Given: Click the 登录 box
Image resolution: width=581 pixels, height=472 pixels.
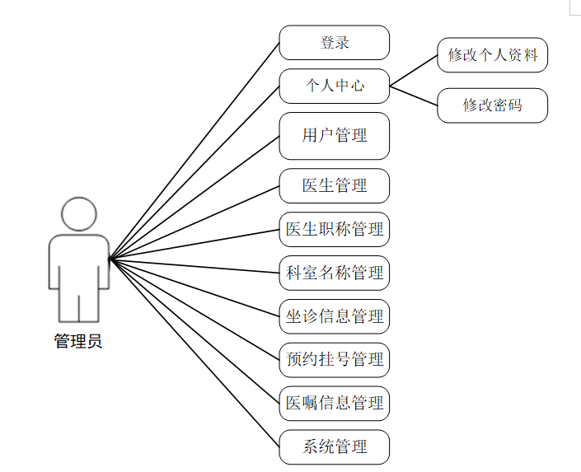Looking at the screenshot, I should pos(334,43).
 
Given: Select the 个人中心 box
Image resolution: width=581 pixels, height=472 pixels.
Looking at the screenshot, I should pos(334,85).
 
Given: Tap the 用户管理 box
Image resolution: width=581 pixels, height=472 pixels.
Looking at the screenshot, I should pos(334,136).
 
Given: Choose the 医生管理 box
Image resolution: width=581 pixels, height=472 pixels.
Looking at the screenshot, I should pos(334,185).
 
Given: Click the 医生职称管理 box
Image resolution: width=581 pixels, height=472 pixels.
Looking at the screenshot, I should pos(334,229).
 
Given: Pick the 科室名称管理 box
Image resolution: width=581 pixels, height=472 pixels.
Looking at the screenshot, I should pos(334,273).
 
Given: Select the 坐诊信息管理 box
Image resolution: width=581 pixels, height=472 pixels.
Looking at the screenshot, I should pos(334,316).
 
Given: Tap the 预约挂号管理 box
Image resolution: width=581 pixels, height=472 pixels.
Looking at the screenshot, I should pos(334,360).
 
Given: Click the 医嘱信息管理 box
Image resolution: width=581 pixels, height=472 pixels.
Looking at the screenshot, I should pos(334,404).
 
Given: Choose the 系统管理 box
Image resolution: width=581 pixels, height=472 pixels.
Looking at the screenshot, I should pos(334,447).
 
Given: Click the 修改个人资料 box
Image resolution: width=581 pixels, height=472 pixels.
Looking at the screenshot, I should pos(492,55).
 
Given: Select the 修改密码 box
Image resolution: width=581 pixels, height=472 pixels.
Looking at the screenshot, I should pos(492,105).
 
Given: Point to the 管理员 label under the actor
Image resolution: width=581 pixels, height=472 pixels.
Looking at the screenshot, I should pos(78,341).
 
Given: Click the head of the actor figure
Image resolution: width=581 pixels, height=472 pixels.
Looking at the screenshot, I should pos(78,213).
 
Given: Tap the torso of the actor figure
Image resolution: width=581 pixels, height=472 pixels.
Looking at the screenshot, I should pos(78,264).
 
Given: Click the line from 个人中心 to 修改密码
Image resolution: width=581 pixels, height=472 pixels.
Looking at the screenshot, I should pos(414,96).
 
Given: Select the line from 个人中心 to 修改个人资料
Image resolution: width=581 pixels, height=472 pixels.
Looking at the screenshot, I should pos(414,71).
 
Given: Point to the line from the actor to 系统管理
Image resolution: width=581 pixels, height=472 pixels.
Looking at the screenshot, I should pos(194,353).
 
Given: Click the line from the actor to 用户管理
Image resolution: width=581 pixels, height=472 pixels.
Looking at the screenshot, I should pos(194,198).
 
